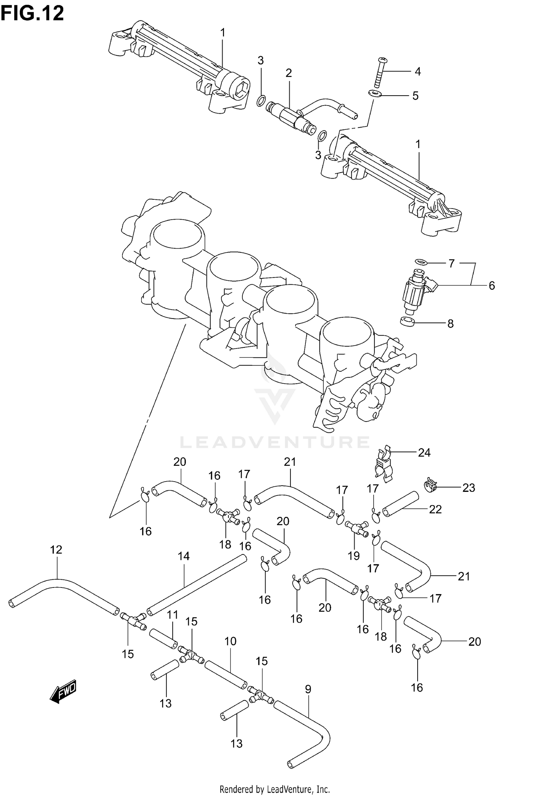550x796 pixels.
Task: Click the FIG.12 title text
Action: pos(32,14)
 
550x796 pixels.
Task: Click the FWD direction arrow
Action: pos(63,692)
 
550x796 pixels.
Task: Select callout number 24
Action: pos(424,453)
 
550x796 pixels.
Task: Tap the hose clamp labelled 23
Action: pos(430,486)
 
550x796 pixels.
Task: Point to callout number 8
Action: pos(450,324)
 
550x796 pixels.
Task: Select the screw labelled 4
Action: pos(379,73)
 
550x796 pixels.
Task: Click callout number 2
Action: pos(289,73)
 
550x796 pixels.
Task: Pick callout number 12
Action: pos(56,549)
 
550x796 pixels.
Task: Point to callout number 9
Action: pos(308,689)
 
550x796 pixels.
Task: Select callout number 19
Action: pos(353,556)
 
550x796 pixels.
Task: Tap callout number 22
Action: pos(435,509)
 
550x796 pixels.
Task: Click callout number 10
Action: pos(230,641)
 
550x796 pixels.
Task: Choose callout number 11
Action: pos(172,615)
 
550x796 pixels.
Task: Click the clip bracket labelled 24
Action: pos(383,464)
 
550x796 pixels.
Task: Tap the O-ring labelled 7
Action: pos(421,262)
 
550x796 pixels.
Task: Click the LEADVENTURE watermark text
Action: pos(274,442)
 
